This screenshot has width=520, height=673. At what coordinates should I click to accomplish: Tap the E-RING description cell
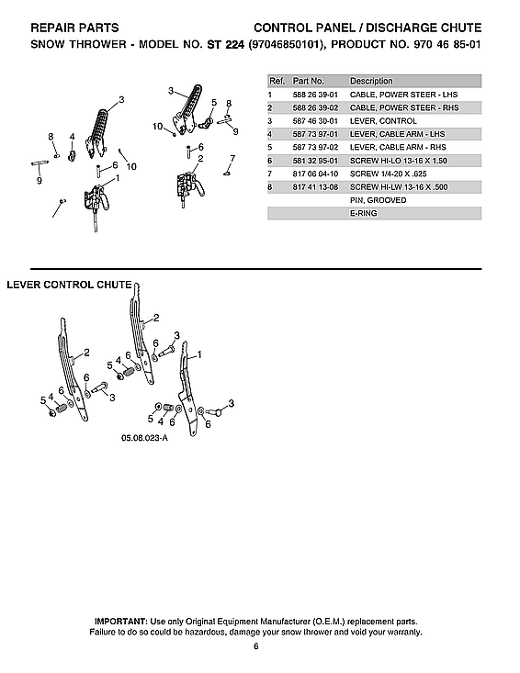[363, 213]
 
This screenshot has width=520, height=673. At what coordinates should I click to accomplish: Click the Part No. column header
[309, 81]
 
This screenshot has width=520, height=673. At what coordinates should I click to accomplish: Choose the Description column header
[371, 81]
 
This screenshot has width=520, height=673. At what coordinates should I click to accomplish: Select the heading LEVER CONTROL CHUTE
[69, 285]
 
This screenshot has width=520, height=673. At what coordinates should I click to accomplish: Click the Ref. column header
[276, 81]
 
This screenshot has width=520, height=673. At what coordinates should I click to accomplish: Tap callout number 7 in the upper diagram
[232, 158]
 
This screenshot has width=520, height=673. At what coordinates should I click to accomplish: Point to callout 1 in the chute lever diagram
[200, 353]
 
